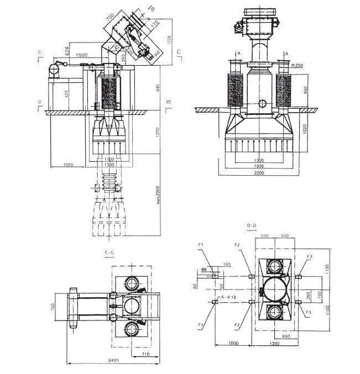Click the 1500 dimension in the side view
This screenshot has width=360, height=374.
coord(81,55)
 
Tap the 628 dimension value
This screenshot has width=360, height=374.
coord(67,51)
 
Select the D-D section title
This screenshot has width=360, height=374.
coord(252,225)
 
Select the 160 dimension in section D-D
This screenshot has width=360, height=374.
coord(227,264)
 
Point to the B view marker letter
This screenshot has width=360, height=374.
coord(153,8)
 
